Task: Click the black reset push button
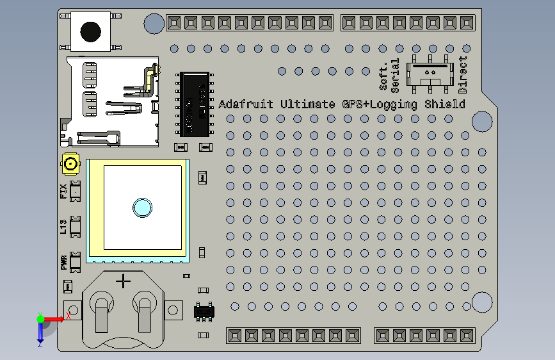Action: point(91,29)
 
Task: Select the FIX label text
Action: point(63,191)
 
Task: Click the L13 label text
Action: point(63,226)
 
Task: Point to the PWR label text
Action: point(63,263)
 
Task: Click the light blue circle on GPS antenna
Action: point(141,207)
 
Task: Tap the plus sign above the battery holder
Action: point(123,281)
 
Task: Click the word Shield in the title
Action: point(446,104)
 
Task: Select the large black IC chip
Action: point(195,103)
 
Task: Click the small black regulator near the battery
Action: point(205,312)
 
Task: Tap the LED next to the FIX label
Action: point(76,191)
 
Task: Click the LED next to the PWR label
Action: point(76,262)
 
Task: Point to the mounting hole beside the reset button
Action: point(154,24)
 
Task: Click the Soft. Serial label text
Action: point(389,75)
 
